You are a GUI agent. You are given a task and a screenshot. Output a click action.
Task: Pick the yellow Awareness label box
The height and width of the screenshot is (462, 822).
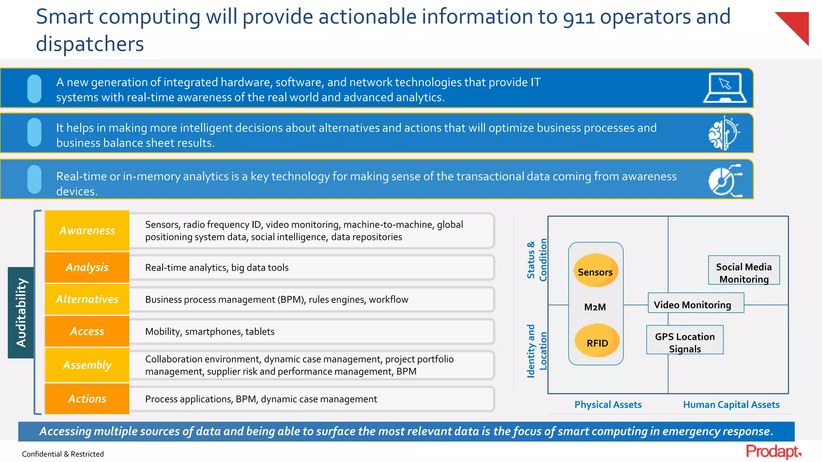[x=87, y=231]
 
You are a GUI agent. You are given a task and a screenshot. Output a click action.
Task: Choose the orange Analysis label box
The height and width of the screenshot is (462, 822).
[x=87, y=267]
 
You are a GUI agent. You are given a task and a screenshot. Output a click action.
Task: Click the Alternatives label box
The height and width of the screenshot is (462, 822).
[x=87, y=299]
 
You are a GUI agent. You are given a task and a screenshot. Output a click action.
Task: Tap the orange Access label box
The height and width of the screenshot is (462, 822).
[x=87, y=331]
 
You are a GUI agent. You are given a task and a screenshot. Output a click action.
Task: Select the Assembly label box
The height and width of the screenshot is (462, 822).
[x=87, y=365]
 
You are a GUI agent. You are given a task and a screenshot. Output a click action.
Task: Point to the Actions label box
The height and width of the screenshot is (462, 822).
[x=87, y=399]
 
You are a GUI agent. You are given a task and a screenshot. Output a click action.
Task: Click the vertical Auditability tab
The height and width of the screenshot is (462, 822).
[x=21, y=312]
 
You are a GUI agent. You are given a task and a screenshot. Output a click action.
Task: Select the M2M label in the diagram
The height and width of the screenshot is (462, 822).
[x=595, y=307]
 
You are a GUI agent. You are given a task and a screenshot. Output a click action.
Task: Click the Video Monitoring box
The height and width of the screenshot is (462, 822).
[x=696, y=304]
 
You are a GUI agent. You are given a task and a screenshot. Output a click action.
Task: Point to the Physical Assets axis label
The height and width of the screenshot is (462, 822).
[x=608, y=405]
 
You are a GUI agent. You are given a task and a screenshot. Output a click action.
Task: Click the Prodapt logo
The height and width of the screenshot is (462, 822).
[x=773, y=452]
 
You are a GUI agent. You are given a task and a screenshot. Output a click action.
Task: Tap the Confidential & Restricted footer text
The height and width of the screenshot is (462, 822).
[x=63, y=454]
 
